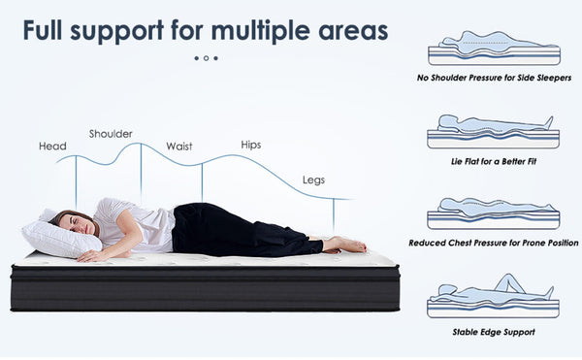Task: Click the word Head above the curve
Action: (x=52, y=147)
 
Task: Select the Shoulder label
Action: (x=111, y=134)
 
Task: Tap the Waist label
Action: (x=178, y=147)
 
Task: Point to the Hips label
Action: (x=250, y=145)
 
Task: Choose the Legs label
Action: (x=313, y=180)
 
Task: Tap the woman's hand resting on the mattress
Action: (x=89, y=256)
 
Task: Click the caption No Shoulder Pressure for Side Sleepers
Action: (x=494, y=78)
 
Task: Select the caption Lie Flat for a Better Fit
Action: (x=494, y=160)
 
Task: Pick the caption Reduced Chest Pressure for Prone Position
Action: (x=494, y=243)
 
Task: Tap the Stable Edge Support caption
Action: (x=494, y=332)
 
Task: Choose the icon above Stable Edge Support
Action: (x=494, y=297)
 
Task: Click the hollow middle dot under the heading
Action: (x=206, y=58)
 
